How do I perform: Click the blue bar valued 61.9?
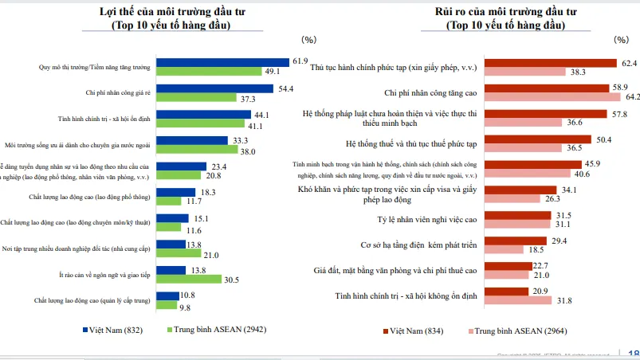pos(222,61)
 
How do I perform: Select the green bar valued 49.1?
pos(209,71)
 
